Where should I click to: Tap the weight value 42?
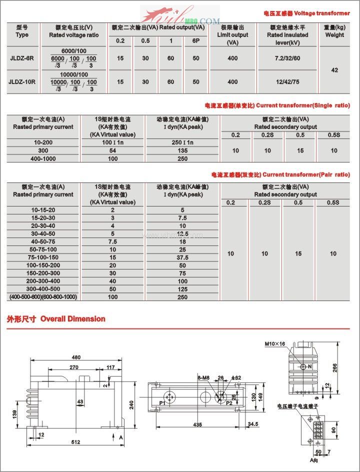click(x=334, y=70)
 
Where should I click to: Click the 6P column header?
click(x=195, y=40)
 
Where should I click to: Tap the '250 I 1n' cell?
click(x=182, y=142)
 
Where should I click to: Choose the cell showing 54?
click(x=112, y=150)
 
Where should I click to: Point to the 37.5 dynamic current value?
click(x=182, y=257)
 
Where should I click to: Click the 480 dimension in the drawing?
click(x=76, y=357)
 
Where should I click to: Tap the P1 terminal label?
click(x=162, y=403)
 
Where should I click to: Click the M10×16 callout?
click(x=275, y=344)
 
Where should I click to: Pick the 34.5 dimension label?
click(x=253, y=424)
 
